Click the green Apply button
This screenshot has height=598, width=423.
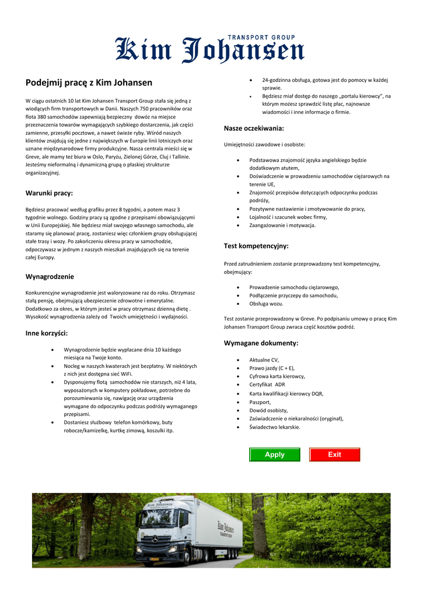click(x=274, y=454)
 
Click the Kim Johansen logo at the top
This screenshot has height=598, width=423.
click(x=209, y=50)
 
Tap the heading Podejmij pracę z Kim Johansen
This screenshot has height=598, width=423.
click(x=89, y=82)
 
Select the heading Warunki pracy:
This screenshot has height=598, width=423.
click(x=49, y=193)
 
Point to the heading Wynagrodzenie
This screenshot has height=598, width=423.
click(x=50, y=276)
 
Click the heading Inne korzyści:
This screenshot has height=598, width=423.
click(x=47, y=333)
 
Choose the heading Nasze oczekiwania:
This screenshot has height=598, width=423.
click(x=254, y=128)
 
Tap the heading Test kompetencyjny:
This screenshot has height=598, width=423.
click(x=256, y=246)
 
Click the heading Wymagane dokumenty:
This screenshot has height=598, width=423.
click(x=261, y=343)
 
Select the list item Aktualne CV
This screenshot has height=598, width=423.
click(x=264, y=360)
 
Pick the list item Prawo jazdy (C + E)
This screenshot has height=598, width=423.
click(x=272, y=368)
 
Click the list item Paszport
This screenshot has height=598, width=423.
click(x=260, y=402)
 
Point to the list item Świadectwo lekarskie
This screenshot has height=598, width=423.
click(x=275, y=427)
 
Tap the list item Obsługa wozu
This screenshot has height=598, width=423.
click(x=266, y=304)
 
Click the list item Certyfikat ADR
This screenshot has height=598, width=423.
click(x=267, y=385)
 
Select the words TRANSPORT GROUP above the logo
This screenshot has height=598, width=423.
click(x=261, y=37)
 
